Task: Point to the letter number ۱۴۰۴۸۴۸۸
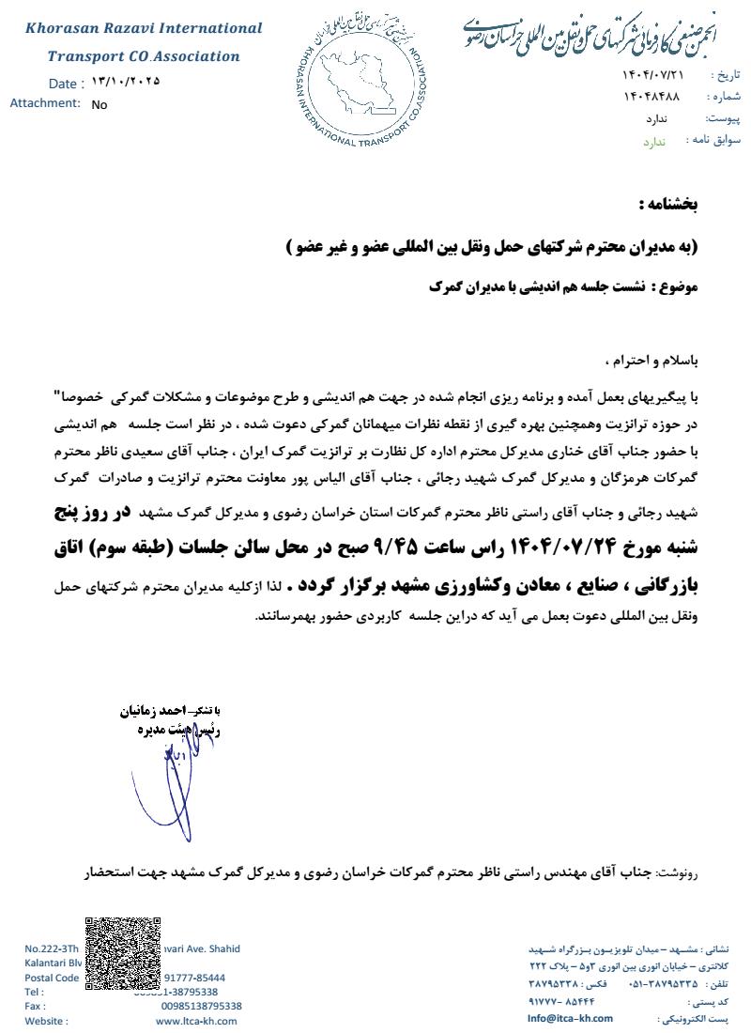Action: click(651, 97)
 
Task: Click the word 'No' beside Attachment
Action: click(100, 105)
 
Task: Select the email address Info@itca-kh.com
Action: click(570, 1018)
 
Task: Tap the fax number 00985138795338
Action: click(201, 1006)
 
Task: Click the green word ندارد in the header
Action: click(653, 142)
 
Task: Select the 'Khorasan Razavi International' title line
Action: click(144, 28)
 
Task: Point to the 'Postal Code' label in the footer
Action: click(53, 978)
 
